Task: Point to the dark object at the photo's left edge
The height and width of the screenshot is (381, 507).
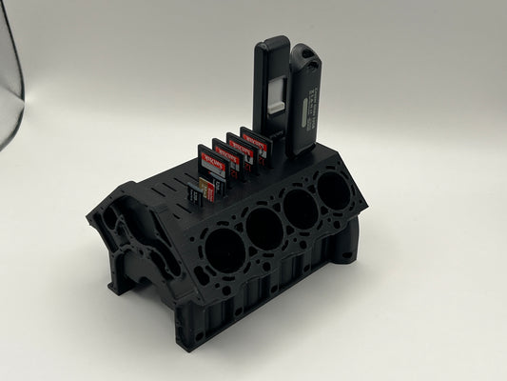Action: [8, 76]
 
